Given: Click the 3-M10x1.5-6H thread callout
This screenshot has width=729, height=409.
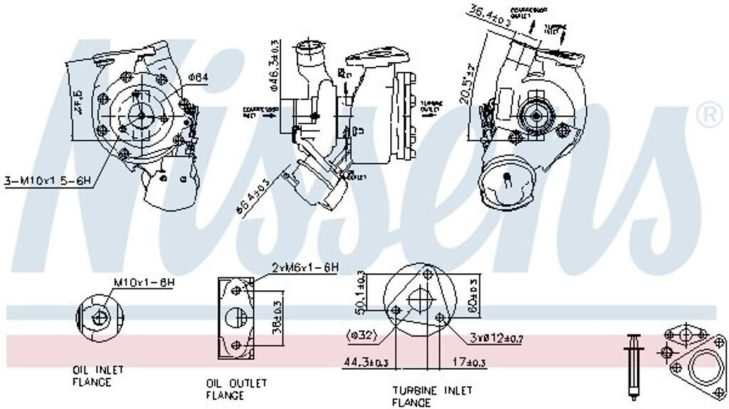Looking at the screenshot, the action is (48, 183).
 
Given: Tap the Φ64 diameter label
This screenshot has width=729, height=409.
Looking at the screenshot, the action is (199, 76).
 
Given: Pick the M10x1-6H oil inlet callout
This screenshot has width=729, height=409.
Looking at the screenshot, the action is (143, 282).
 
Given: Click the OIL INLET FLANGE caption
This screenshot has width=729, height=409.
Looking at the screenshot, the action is (98, 376).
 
